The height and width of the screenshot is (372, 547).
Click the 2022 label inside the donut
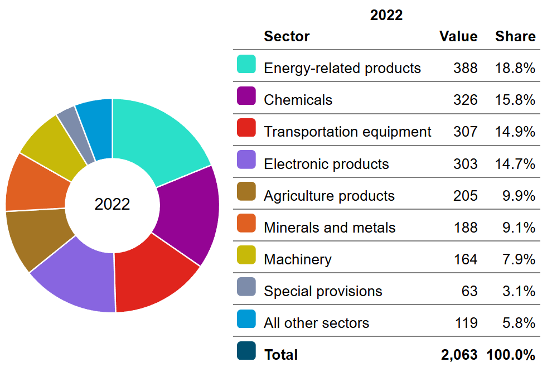tap(112, 204)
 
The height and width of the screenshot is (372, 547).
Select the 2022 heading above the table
tap(386, 15)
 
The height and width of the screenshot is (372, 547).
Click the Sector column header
tap(287, 36)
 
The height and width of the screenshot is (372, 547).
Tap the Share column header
tap(515, 36)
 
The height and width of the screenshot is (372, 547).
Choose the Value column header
tap(458, 36)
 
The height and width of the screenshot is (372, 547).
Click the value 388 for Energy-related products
tap(466, 68)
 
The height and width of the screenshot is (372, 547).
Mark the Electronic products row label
tap(326, 164)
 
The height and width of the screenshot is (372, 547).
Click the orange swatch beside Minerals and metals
tap(246, 224)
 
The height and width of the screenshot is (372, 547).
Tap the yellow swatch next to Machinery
tap(246, 255)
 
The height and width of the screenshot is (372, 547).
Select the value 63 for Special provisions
tap(469, 291)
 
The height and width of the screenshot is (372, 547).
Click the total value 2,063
tap(459, 355)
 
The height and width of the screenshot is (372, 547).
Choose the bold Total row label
tap(281, 355)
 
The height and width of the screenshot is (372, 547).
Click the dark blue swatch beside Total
tap(246, 351)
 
